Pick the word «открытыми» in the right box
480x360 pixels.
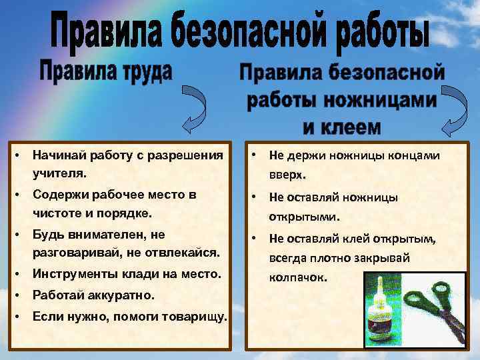coord(304,217)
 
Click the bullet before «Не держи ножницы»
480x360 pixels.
coord(254,155)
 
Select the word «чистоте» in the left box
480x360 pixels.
coord(57,215)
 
